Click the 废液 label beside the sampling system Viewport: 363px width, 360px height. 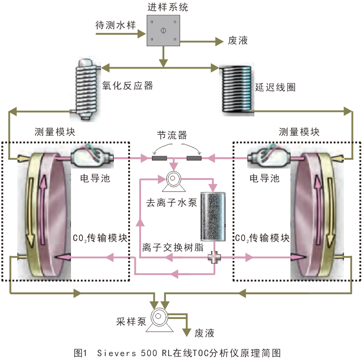pos(238,41)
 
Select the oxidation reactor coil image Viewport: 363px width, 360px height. pos(86,89)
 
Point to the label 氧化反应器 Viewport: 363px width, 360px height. pos(128,86)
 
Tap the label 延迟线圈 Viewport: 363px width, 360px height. pos(275,87)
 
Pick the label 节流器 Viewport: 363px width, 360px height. pos(172,135)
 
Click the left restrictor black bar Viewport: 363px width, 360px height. pos(160,158)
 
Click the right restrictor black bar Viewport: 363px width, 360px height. pos(194,158)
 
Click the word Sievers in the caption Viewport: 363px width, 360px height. pos(117,353)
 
